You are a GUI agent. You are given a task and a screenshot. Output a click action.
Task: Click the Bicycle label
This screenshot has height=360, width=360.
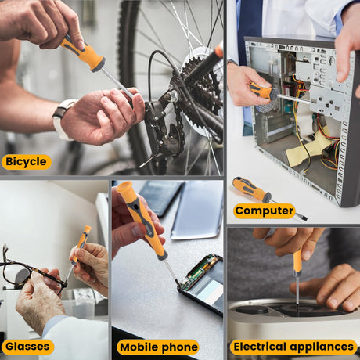pyautogui.click(x=27, y=162)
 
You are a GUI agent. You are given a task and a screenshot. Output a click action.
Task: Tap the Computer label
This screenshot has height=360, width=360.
pyautogui.click(x=264, y=211)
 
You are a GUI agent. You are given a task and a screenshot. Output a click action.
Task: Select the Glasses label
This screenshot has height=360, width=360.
pyautogui.click(x=27, y=347)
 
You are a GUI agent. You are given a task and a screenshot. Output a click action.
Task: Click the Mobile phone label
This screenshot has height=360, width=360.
pyautogui.click(x=158, y=347)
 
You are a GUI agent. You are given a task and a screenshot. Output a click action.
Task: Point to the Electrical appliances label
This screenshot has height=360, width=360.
pyautogui.click(x=293, y=347)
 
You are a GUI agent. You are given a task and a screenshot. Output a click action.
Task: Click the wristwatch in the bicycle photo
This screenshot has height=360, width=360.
pyautogui.click(x=62, y=119)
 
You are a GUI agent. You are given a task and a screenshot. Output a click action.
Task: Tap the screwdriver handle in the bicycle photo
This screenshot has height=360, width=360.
pyautogui.click(x=83, y=53)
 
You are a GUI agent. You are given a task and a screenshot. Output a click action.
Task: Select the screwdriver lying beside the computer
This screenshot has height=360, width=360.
pyautogui.click(x=268, y=198)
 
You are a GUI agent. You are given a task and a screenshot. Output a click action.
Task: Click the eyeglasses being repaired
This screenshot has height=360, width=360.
pyautogui.click(x=31, y=272)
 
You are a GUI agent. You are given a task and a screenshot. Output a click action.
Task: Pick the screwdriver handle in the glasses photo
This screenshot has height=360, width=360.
pyautogui.click(x=82, y=243)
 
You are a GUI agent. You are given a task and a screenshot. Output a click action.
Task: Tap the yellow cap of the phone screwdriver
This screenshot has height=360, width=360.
pyautogui.click(x=125, y=189)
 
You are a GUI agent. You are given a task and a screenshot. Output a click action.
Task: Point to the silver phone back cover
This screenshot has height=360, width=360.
pyautogui.click(x=197, y=210)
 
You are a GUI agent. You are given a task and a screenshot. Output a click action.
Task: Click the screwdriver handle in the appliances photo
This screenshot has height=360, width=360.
pyautogui.click(x=297, y=262)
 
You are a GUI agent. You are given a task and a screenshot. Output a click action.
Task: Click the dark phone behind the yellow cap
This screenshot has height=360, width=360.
pyautogui.click(x=160, y=197)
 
